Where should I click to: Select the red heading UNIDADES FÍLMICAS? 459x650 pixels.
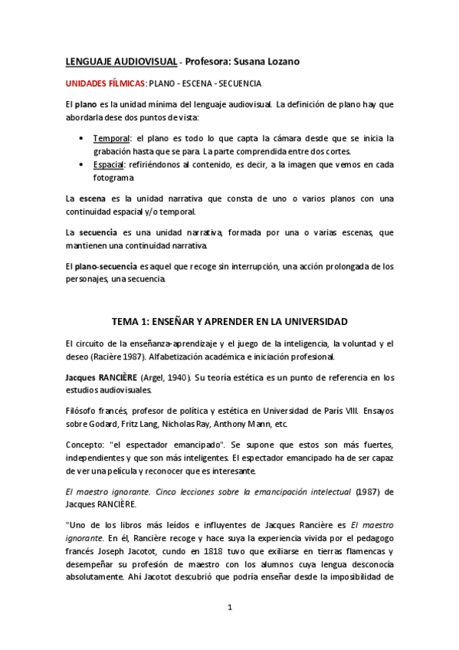[104, 84]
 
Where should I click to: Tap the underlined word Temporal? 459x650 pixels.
[112, 138]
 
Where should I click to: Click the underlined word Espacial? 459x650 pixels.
[111, 166]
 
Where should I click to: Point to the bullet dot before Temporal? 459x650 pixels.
[82, 139]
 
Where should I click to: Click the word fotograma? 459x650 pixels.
[113, 179]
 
